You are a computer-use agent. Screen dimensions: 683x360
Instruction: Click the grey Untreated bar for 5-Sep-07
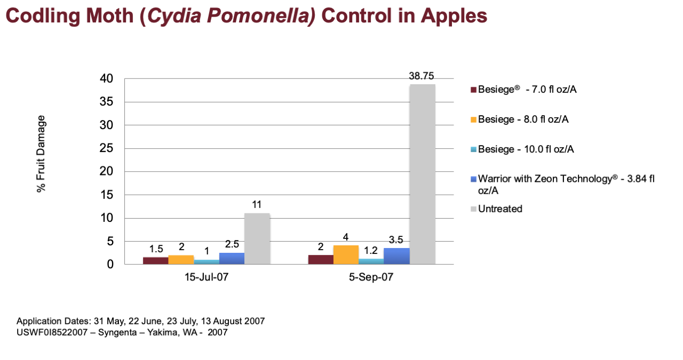422,174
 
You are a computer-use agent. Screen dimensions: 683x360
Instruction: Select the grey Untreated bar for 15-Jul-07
257,239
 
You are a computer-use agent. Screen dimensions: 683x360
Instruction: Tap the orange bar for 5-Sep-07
346,255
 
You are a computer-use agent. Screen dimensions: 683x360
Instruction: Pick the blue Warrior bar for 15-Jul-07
232,259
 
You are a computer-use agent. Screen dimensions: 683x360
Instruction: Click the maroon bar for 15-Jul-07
155,261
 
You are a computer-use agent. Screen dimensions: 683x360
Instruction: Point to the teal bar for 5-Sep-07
371,261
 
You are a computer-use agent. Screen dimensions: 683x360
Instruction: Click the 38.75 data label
422,76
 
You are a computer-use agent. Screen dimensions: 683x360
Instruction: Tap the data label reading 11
257,205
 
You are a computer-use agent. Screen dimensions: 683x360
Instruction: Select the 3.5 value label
396,240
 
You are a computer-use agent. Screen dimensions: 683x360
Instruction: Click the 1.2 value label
371,251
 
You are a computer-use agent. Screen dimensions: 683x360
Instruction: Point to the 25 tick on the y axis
106,148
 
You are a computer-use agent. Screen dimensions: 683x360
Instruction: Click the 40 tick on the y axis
106,78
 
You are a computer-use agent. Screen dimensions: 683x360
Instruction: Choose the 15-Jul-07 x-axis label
207,277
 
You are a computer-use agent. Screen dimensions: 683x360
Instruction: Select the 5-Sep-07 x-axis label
371,277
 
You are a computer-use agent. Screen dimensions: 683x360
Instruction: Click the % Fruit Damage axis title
41,154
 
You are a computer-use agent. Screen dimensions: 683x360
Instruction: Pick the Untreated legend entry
497,209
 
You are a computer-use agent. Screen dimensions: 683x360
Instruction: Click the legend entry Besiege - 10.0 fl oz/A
522,149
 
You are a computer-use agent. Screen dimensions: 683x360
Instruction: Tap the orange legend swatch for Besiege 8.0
473,119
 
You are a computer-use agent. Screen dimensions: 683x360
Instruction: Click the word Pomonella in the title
261,15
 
